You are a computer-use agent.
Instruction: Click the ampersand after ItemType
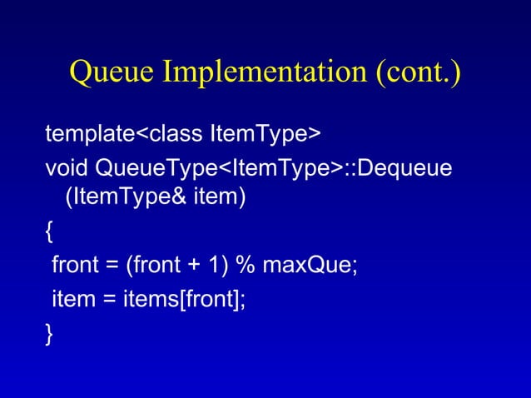click(156, 199)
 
